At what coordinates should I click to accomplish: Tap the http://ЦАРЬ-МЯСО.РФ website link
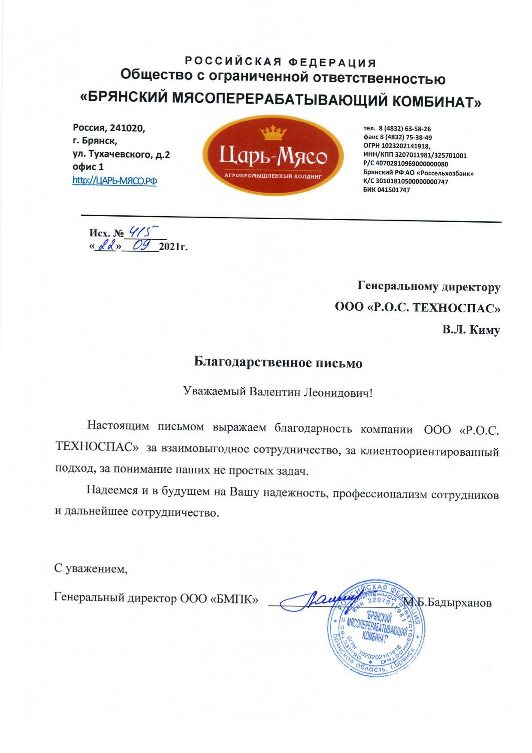(115, 181)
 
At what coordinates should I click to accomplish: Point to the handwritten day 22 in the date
(105, 246)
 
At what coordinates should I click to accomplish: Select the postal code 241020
(127, 128)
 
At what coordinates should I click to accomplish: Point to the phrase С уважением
(91, 569)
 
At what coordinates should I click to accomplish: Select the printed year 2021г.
(173, 248)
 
